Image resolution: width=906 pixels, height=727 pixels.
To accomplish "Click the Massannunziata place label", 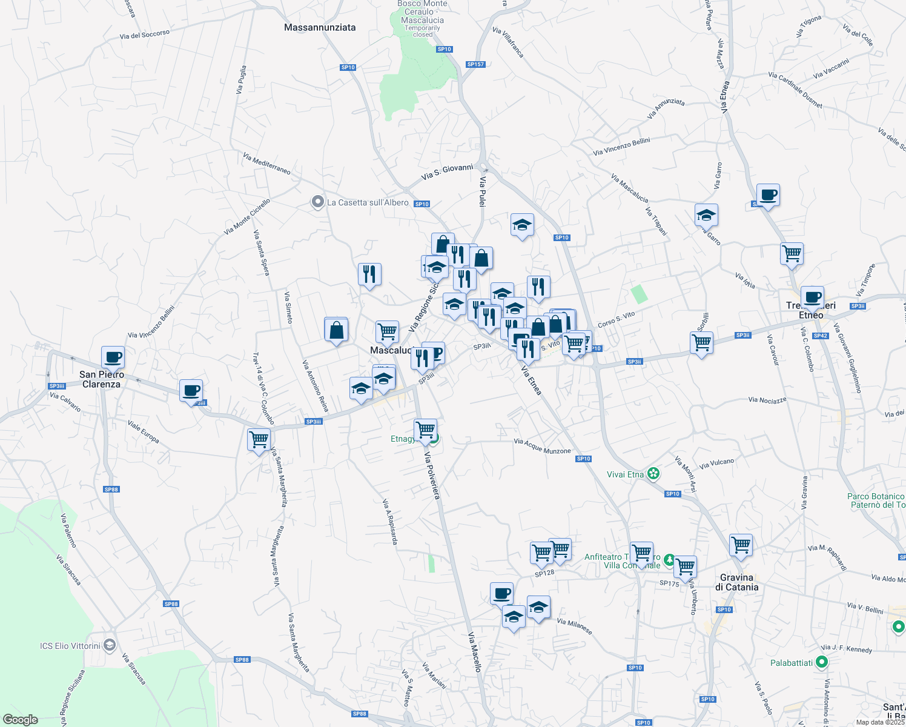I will pyautogui.click(x=320, y=27).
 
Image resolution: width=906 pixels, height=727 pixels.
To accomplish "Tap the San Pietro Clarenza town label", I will pyautogui.click(x=101, y=379).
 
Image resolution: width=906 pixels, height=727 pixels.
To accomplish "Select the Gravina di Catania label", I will pyautogui.click(x=736, y=582).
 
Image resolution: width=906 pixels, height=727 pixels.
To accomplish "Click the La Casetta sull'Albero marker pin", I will pyautogui.click(x=317, y=202).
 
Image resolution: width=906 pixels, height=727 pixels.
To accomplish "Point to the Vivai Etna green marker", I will pyautogui.click(x=653, y=474).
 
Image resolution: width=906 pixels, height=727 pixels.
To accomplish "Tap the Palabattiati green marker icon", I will pyautogui.click(x=822, y=662).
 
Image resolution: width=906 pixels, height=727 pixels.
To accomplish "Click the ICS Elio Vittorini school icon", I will pyautogui.click(x=109, y=645).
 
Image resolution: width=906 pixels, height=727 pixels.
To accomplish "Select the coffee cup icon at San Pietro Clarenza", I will pyautogui.click(x=113, y=357).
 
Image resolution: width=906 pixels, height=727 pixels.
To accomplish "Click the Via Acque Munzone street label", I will pyautogui.click(x=542, y=446).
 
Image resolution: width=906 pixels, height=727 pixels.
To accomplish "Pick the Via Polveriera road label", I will pyautogui.click(x=432, y=476).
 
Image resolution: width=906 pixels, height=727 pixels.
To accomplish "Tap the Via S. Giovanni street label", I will pyautogui.click(x=447, y=171).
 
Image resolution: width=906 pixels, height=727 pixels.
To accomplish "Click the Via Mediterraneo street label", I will pyautogui.click(x=266, y=164).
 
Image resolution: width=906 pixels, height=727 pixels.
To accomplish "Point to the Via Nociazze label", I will pyautogui.click(x=767, y=400).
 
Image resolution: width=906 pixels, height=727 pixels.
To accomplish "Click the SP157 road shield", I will pyautogui.click(x=475, y=64).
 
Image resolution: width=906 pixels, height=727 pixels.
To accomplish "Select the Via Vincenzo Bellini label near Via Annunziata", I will pyautogui.click(x=621, y=147).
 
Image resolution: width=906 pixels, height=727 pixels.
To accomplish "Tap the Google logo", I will pyautogui.click(x=20, y=720).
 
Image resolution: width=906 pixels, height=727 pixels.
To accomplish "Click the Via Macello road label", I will pyautogui.click(x=474, y=652).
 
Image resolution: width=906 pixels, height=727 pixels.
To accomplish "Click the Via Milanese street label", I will pyautogui.click(x=574, y=626).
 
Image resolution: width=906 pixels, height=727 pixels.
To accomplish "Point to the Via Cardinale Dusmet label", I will pyautogui.click(x=795, y=90).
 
